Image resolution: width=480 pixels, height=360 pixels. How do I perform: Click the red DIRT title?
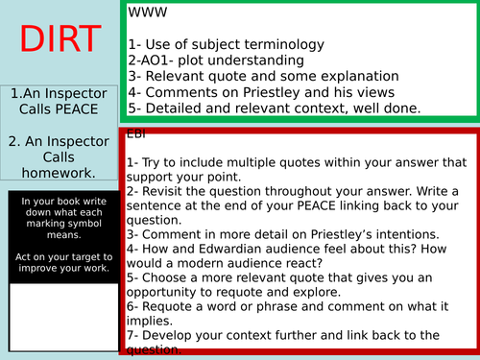(x=60, y=39)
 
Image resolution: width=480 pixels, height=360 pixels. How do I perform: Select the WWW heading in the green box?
(x=142, y=14)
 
